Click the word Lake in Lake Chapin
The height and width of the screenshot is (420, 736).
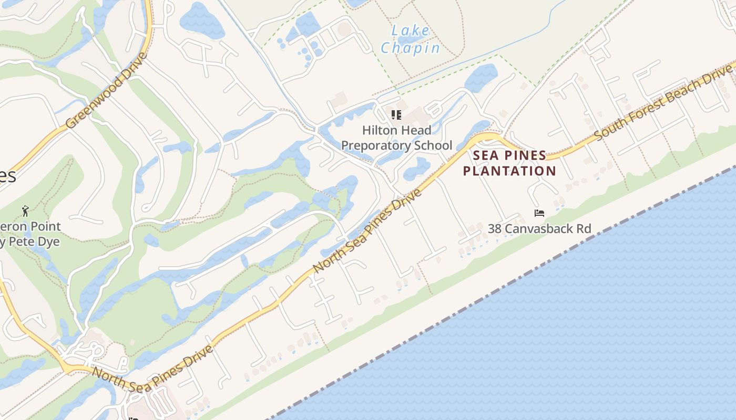[x=411, y=30]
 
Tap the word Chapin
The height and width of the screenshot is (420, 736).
[x=411, y=48]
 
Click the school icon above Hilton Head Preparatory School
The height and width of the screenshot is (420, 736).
[x=396, y=114]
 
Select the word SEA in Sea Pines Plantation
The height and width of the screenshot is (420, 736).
[x=486, y=155]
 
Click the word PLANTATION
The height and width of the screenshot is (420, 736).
[x=509, y=171]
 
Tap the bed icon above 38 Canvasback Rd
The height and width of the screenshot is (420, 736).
[x=539, y=213]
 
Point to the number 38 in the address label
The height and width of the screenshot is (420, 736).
[x=495, y=229]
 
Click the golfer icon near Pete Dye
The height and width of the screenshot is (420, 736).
[x=25, y=212]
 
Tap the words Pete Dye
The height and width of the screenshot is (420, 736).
[x=37, y=242]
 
